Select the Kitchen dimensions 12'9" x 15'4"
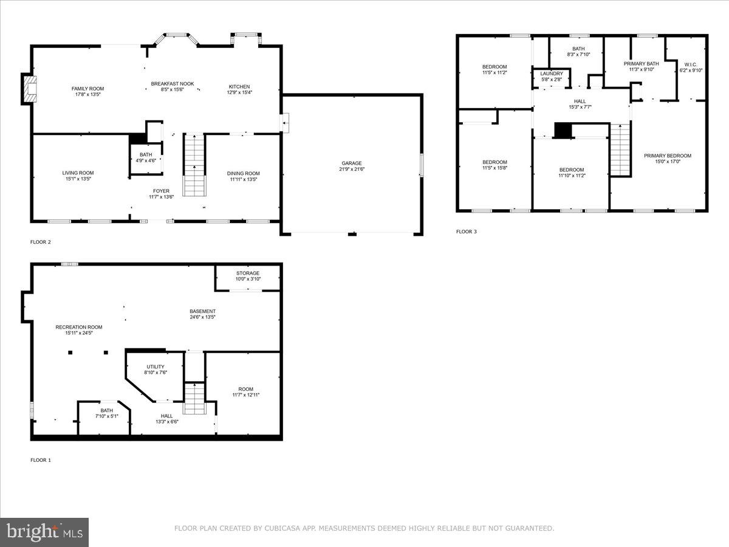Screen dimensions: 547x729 click(239, 92)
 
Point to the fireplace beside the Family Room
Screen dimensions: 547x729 click(28, 89)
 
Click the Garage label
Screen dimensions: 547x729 click(351, 163)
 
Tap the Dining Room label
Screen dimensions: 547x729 click(244, 173)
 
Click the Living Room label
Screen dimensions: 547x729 click(78, 173)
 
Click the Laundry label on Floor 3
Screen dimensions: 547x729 click(552, 74)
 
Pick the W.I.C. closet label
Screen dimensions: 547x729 click(691, 64)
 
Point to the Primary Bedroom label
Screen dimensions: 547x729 click(668, 156)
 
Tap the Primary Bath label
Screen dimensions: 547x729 click(641, 63)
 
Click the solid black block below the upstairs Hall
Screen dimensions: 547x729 click(563, 131)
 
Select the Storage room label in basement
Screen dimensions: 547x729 click(248, 273)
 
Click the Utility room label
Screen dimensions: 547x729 click(155, 367)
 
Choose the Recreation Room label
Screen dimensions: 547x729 click(79, 327)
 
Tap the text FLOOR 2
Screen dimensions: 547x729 click(41, 242)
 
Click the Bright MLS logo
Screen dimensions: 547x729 click(44, 532)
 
